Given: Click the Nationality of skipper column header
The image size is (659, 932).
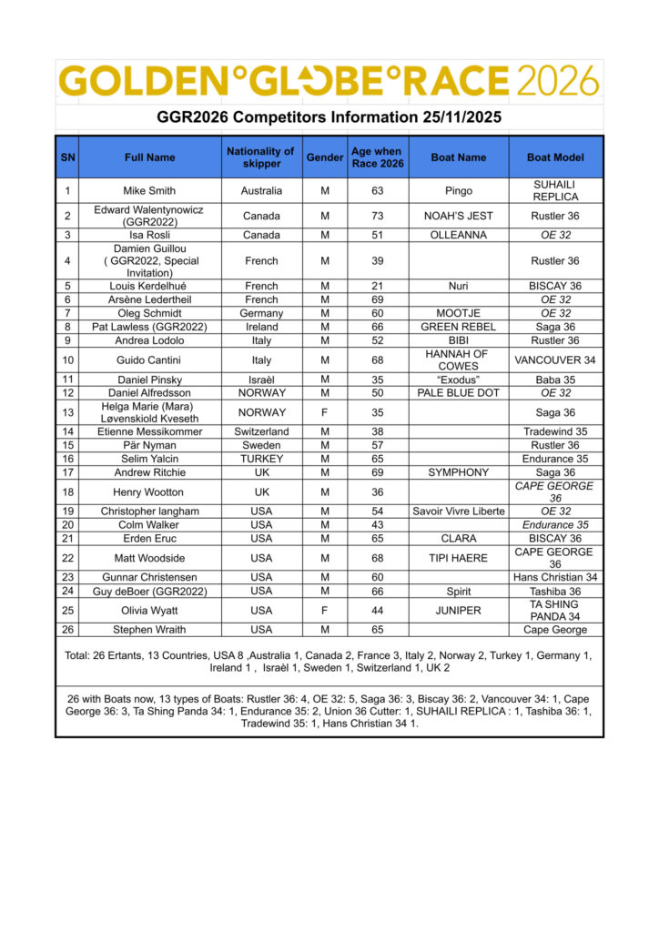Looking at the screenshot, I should click(x=261, y=157).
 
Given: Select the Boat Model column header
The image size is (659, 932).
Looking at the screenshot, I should click(x=555, y=157).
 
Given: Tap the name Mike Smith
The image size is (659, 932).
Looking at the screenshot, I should click(x=149, y=191).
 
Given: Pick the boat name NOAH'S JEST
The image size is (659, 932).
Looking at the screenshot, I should click(x=459, y=216).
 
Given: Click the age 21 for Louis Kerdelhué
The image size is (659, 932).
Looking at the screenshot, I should click(x=377, y=286).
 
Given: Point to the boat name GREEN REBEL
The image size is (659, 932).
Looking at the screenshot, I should click(x=459, y=327).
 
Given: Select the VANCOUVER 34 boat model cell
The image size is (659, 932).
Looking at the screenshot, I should click(x=555, y=360).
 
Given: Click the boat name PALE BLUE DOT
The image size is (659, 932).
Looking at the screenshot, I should click(x=459, y=392).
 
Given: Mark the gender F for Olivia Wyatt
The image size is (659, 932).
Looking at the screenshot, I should click(x=325, y=610).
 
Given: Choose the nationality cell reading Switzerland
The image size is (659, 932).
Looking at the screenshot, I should click(x=261, y=431).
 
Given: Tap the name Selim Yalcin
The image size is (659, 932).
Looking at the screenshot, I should click(x=149, y=459).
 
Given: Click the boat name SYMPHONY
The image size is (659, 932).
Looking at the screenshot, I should click(x=459, y=472).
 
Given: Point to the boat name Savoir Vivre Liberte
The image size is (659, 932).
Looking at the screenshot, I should click(x=459, y=511).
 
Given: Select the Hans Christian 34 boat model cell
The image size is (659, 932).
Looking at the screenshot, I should click(x=555, y=577).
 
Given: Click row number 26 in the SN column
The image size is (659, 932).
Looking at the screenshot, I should click(x=67, y=629).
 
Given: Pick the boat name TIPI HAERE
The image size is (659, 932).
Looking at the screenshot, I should click(x=459, y=557).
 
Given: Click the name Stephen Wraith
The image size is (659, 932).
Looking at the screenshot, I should click(x=149, y=629).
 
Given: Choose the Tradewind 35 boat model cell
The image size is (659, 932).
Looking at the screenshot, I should click(x=555, y=431).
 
